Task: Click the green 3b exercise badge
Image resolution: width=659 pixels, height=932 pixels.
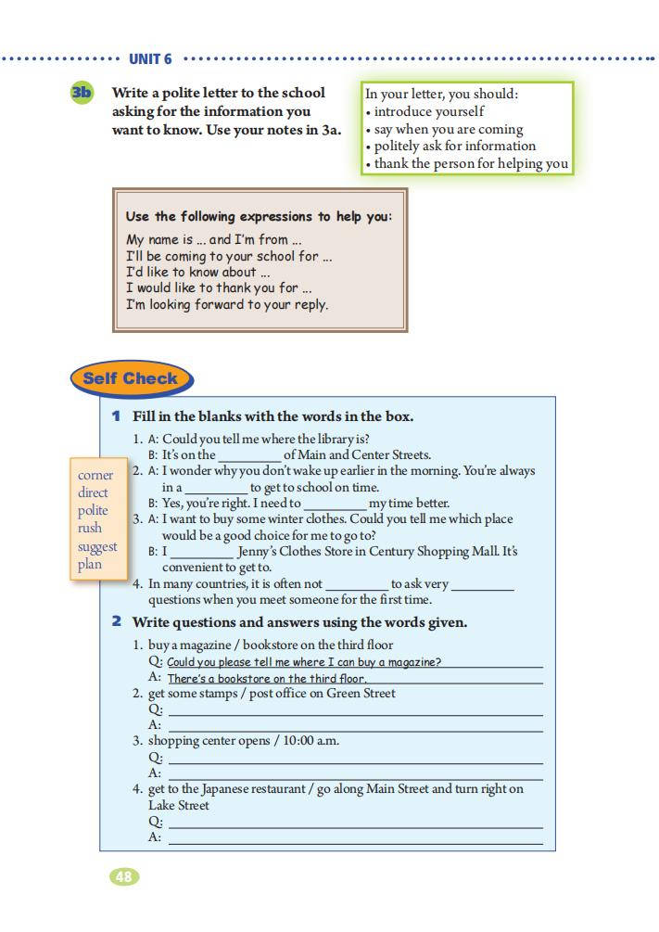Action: (x=82, y=93)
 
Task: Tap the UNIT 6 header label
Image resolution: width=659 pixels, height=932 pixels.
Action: (x=150, y=59)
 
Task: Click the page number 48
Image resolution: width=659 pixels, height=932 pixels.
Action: (x=124, y=876)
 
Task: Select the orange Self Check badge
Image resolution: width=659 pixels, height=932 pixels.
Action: (x=130, y=378)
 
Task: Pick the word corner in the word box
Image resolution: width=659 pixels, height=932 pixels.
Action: (x=95, y=476)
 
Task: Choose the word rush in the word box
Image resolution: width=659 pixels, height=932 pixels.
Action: (x=92, y=529)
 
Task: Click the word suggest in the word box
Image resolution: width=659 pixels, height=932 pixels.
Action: (x=97, y=546)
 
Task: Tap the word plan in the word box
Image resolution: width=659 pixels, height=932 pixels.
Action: (x=90, y=564)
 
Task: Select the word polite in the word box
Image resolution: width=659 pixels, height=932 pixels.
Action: (x=93, y=511)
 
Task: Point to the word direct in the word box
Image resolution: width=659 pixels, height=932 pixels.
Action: (x=93, y=493)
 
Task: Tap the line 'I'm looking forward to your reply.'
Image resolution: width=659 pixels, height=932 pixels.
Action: (x=227, y=304)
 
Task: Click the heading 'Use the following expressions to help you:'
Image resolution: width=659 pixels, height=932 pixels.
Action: (x=259, y=216)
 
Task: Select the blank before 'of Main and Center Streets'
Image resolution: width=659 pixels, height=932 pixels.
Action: (x=248, y=455)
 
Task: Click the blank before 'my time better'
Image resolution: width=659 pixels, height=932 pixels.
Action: (x=335, y=504)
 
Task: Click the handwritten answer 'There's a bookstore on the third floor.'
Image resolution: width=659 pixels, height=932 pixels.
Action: (x=267, y=678)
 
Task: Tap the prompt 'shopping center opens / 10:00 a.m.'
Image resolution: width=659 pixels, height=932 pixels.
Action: (x=243, y=740)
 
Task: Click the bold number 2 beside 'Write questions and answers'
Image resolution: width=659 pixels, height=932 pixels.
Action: (x=117, y=621)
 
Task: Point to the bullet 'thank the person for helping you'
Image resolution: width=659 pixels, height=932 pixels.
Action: (x=471, y=163)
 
